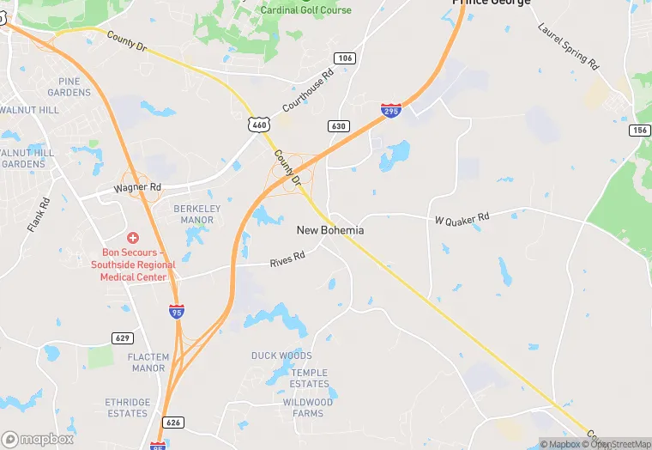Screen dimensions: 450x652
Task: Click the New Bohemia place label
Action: [330, 230]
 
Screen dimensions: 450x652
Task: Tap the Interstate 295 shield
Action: [390, 110]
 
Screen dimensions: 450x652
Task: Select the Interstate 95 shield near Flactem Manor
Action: [177, 311]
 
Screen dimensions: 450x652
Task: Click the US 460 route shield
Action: [259, 125]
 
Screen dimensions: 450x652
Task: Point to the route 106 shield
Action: [345, 58]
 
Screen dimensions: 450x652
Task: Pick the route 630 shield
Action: [339, 126]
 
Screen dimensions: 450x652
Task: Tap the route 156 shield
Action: [639, 130]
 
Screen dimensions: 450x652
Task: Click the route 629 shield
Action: [123, 337]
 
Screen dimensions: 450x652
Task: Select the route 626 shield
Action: [173, 422]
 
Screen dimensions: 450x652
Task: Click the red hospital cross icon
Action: [133, 237]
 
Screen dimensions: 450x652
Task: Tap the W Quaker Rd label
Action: [462, 218]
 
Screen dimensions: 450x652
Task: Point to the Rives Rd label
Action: [287, 258]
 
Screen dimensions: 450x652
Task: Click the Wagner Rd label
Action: [138, 187]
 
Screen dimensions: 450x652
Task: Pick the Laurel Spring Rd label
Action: [568, 44]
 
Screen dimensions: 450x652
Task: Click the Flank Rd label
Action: [39, 216]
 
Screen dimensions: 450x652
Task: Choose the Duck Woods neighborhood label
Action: [281, 356]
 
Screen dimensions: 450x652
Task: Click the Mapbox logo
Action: [38, 439]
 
